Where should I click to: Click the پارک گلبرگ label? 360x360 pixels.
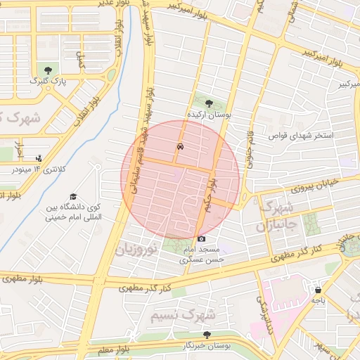point(48,82)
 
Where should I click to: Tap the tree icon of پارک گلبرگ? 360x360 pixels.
point(48,70)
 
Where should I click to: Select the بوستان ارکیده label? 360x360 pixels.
point(208,114)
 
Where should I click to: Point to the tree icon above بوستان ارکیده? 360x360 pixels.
point(207,103)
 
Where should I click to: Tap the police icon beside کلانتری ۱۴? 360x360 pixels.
point(38,157)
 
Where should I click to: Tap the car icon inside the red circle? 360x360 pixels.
point(181,147)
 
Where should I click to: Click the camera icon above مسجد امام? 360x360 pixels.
point(202,239)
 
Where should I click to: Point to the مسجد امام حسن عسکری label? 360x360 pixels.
point(202,255)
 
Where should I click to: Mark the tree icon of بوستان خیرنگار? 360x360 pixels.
point(207,335)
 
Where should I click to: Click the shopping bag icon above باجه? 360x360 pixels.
point(319,289)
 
